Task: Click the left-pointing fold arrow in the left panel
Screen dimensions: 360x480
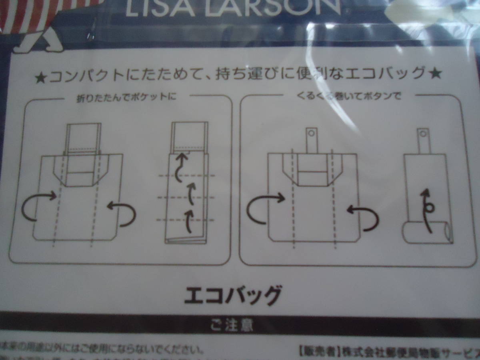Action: (x=122, y=212)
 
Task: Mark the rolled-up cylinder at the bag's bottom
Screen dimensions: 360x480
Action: (x=426, y=233)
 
